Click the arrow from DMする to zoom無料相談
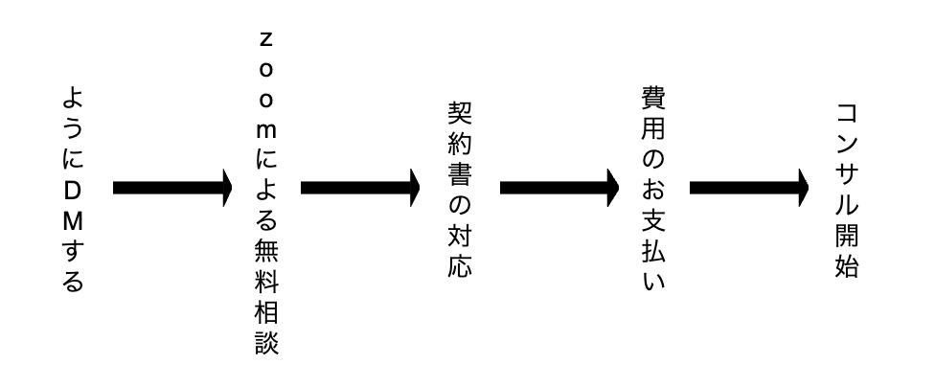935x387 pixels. tap(172, 188)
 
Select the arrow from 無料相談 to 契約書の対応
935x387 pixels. tap(360, 188)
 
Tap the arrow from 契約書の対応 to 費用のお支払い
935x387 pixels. tap(559, 188)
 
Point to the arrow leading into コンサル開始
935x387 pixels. tap(749, 188)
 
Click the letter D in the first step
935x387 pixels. tap(73, 192)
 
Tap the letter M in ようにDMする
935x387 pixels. tap(73, 222)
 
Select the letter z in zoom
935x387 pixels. tap(266, 40)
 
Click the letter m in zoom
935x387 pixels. tap(266, 130)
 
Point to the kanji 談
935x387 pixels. tap(266, 343)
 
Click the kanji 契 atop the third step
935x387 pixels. tap(460, 113)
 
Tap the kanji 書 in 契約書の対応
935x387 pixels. tap(460, 175)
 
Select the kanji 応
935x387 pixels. tap(460, 266)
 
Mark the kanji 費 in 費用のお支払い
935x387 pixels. tap(653, 97)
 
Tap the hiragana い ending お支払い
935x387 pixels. tap(653, 281)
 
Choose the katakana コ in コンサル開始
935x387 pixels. tap(846, 114)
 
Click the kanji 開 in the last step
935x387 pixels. tap(846, 236)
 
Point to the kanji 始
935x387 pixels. tap(846, 266)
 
